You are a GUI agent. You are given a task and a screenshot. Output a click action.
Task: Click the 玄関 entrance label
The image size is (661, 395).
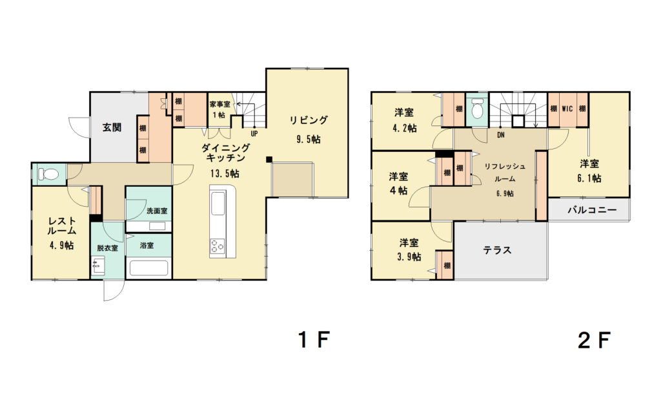pyautogui.click(x=112, y=127)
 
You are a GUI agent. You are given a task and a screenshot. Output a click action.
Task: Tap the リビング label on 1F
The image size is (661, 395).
pyautogui.click(x=308, y=120)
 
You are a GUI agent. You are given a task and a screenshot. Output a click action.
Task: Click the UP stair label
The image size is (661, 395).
pyautogui.click(x=254, y=134)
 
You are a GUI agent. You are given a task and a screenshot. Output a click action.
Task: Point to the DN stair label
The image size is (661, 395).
pyautogui.click(x=501, y=136)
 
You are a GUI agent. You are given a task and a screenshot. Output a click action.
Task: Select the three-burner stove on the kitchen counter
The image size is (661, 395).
pyautogui.click(x=218, y=246)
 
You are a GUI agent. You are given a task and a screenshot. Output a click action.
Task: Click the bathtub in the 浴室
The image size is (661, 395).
pyautogui.click(x=148, y=268)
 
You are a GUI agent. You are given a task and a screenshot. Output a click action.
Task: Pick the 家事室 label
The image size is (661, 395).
pyautogui.click(x=220, y=104)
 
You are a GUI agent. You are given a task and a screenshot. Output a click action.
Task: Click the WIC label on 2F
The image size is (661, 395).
pyautogui.click(x=567, y=109)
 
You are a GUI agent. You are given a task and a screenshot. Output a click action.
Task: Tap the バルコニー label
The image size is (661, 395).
pyautogui.click(x=592, y=210)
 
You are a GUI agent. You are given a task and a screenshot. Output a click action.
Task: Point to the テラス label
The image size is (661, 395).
pyautogui.click(x=498, y=250)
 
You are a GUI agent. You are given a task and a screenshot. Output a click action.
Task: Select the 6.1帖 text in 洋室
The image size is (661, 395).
pyautogui.click(x=589, y=178)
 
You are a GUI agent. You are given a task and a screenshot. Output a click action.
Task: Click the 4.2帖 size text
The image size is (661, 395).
pyautogui.click(x=404, y=128)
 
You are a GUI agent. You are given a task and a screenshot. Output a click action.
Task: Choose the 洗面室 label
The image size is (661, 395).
pyautogui.click(x=157, y=211)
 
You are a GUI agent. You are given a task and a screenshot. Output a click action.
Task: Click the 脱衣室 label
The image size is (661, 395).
pyautogui.click(x=108, y=248)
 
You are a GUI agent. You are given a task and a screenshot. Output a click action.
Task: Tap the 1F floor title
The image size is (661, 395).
pyautogui.click(x=313, y=339)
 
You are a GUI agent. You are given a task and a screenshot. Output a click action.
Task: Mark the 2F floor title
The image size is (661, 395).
pyautogui.click(x=594, y=339)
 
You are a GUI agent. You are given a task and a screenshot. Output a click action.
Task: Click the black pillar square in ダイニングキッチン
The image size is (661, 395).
pyautogui.click(x=269, y=160)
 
